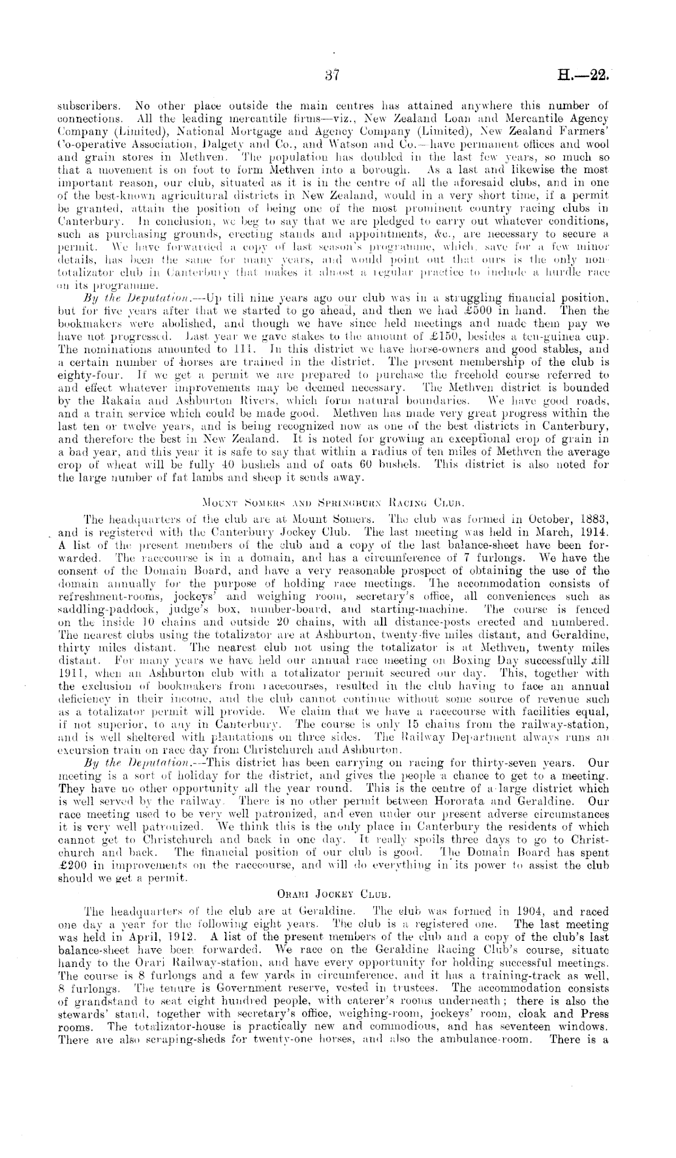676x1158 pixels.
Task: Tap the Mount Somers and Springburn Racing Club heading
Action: click(337, 502)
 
